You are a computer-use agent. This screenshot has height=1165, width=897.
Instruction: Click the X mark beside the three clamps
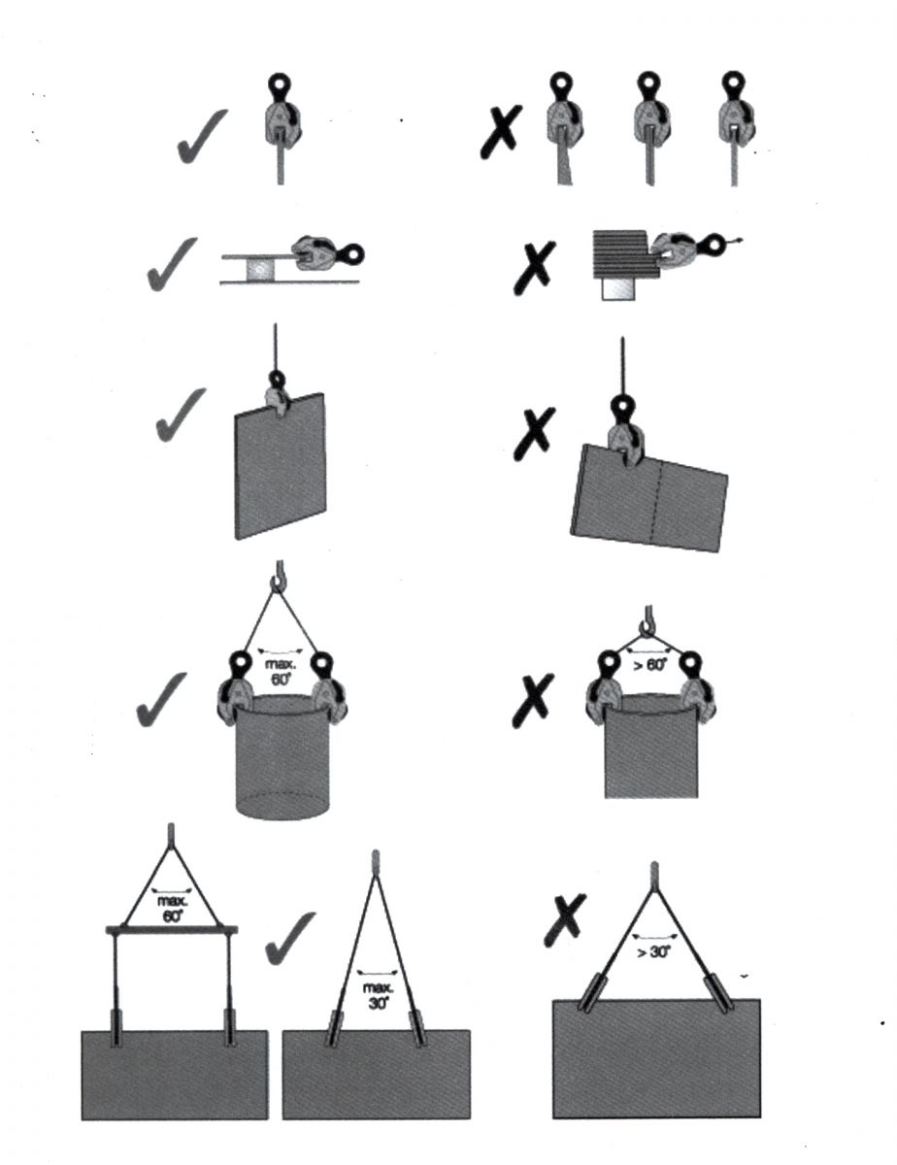pyautogui.click(x=500, y=131)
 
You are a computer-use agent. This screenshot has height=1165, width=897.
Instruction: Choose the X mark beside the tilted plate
pyautogui.click(x=534, y=434)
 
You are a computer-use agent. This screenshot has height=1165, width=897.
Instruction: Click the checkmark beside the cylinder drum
pyautogui.click(x=162, y=701)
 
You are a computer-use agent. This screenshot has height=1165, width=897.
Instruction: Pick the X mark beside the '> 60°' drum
pyautogui.click(x=532, y=701)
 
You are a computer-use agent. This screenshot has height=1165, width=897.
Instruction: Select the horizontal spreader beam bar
pyautogui.click(x=172, y=931)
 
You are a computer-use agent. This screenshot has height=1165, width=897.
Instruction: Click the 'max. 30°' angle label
pyautogui.click(x=379, y=996)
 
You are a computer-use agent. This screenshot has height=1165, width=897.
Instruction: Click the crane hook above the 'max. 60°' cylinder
pyautogui.click(x=278, y=577)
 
